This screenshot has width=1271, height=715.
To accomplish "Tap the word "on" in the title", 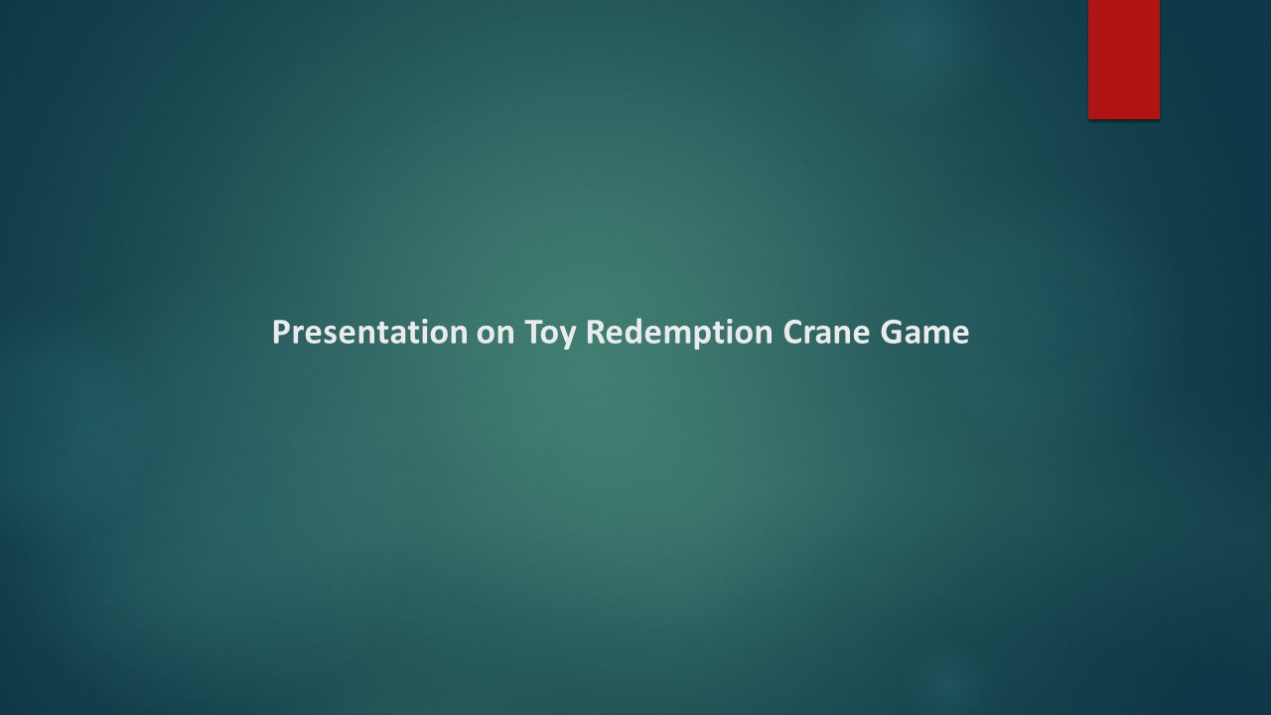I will [x=494, y=333].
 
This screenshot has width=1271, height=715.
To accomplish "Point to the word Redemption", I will [x=679, y=333].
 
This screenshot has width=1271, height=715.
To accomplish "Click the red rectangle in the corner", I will [x=1123, y=60].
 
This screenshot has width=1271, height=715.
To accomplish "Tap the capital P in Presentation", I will [x=280, y=332].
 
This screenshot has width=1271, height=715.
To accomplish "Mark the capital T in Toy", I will [x=532, y=332].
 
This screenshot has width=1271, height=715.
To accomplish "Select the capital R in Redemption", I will [x=595, y=332].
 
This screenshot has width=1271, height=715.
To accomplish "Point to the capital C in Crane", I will [x=792, y=332].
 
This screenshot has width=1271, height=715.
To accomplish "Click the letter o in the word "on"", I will [x=486, y=335].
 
